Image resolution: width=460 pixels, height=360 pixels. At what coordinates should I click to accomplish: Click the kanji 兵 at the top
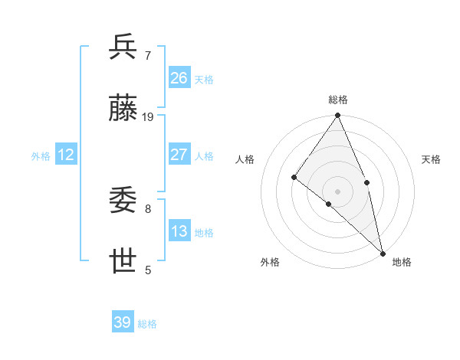(x=123, y=47)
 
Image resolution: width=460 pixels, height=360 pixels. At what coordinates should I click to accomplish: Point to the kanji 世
(x=123, y=262)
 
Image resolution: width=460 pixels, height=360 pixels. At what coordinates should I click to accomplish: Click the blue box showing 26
(x=179, y=77)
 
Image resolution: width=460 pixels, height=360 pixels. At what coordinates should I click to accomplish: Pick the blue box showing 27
(x=179, y=155)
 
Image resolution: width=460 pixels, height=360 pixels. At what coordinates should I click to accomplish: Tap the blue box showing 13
(x=179, y=231)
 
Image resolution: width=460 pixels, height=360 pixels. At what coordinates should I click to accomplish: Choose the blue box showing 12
(x=66, y=155)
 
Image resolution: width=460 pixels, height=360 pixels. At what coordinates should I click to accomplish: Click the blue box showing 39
(x=123, y=322)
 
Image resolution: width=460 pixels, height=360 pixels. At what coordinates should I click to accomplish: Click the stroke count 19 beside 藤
(x=148, y=117)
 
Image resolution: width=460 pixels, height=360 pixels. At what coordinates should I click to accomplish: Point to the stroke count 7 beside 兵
(x=148, y=55)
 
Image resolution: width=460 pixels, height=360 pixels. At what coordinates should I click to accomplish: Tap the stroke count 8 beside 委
(x=148, y=208)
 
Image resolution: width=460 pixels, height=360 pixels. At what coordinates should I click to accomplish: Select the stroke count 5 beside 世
(x=148, y=270)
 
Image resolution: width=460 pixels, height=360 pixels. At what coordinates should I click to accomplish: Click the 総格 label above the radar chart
(x=338, y=100)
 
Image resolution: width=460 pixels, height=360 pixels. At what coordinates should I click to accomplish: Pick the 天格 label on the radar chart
(x=432, y=159)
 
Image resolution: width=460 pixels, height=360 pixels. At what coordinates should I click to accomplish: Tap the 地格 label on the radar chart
(x=402, y=262)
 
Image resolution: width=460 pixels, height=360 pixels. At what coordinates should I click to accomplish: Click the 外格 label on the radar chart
(x=270, y=262)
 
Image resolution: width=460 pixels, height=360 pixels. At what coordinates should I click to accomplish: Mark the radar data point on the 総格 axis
(x=338, y=116)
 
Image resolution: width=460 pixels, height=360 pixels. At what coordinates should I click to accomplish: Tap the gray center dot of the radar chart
(x=338, y=191)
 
